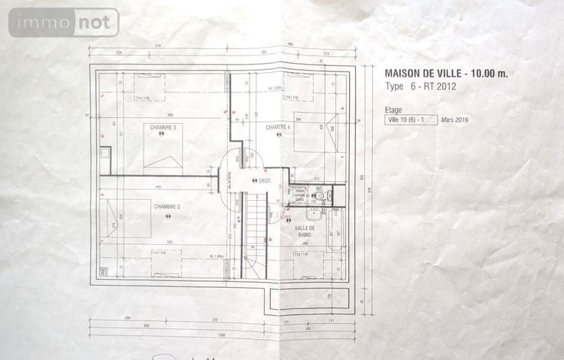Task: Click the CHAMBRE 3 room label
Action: point(163,128)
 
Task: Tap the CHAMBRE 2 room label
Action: point(168,206)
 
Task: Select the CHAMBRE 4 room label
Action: point(277,128)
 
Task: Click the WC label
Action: point(319,189)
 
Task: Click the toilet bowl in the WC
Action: point(320,197)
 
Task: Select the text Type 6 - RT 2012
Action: point(421,86)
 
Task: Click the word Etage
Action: point(393,109)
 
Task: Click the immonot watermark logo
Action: point(64,23)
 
